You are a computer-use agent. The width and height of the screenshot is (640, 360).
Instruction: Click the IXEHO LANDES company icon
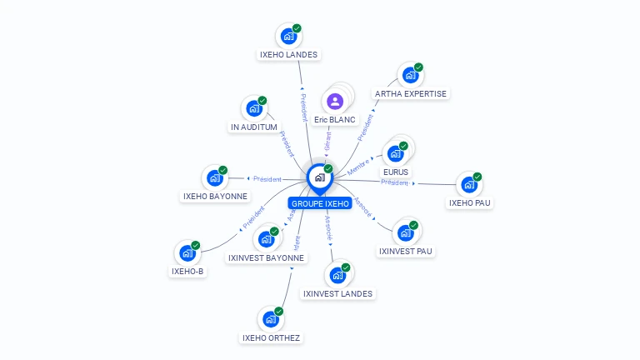pyautogui.click(x=288, y=37)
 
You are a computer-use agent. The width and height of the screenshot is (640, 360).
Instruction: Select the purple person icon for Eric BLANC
pyautogui.click(x=335, y=102)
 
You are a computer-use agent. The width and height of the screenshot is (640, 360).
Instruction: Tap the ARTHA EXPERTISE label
pyautogui.click(x=411, y=93)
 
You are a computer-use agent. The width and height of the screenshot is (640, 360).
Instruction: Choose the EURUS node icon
pyautogui.click(x=395, y=154)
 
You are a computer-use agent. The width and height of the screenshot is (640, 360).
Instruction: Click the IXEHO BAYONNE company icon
pyautogui.click(x=214, y=178)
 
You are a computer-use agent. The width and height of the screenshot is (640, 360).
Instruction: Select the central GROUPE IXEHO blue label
pyautogui.click(x=320, y=203)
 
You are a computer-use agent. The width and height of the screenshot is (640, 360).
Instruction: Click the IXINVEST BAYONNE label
pyautogui.click(x=266, y=257)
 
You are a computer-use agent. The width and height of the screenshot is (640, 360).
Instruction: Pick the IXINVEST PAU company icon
pyautogui.click(x=405, y=232)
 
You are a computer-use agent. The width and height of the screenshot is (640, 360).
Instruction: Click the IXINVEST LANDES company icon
pyautogui.click(x=337, y=276)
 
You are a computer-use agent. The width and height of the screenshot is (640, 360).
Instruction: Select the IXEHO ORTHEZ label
pyautogui.click(x=271, y=337)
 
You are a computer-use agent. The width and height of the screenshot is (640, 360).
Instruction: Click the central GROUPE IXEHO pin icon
pyautogui.click(x=319, y=177)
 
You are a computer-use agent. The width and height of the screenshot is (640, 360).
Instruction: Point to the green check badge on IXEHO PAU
pyautogui.click(x=478, y=177)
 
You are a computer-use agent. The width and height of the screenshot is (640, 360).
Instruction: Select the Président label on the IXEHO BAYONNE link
pyautogui.click(x=267, y=178)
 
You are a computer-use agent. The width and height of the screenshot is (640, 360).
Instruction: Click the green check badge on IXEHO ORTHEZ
pyautogui.click(x=278, y=312)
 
